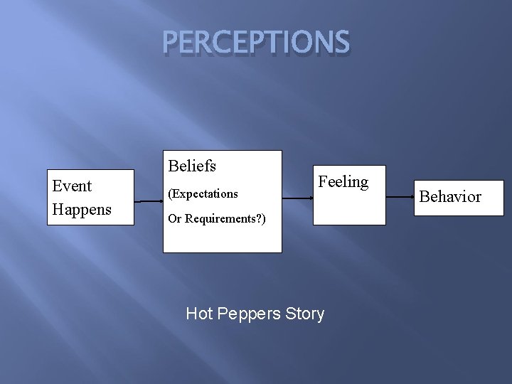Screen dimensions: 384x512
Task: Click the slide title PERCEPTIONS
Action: pos(256,43)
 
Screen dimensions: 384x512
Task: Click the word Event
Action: pos(72,186)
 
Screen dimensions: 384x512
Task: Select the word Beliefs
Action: pos(192,166)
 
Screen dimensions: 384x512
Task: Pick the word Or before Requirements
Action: pos(175,219)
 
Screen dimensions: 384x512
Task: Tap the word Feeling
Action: pos(343,182)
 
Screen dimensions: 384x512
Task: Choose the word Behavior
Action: pos(450,197)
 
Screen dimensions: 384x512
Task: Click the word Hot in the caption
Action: pos(198,314)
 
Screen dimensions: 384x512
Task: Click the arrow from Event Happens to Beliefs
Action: pos(149,201)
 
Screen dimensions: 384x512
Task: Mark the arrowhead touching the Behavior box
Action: pos(413,196)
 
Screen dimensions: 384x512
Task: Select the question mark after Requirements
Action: pos(259,219)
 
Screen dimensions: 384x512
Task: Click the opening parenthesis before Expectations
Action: pos(170,193)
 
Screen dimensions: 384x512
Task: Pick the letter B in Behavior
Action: pos(425,197)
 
